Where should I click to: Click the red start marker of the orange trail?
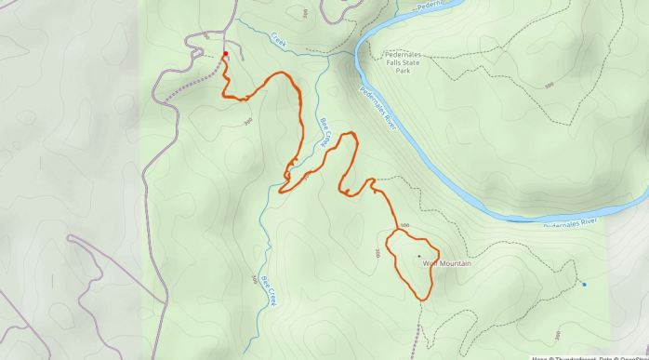coord(225,54)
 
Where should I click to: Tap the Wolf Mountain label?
coord(447,263)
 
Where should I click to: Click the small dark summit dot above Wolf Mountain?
coord(418,256)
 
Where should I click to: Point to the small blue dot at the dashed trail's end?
coord(584,285)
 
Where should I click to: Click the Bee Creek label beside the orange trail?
coord(325,132)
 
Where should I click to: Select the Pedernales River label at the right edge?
coord(572,224)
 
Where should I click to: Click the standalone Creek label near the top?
coord(278,41)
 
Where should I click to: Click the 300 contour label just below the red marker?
coord(247,121)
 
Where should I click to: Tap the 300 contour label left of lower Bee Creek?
coord(254,279)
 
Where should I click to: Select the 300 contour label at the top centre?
coord(307,14)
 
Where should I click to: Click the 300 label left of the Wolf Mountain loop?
coord(377,253)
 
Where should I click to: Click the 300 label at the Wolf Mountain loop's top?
coord(404,226)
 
